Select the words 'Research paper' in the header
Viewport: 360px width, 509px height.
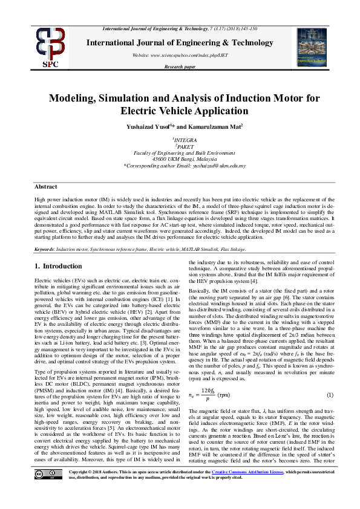pos(180,66)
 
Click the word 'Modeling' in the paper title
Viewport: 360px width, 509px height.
pos(73,98)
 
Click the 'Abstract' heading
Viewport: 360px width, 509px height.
pos(45,187)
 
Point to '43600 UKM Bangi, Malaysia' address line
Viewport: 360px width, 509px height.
pos(180,160)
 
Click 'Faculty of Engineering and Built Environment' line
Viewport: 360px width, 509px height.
pos(180,154)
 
